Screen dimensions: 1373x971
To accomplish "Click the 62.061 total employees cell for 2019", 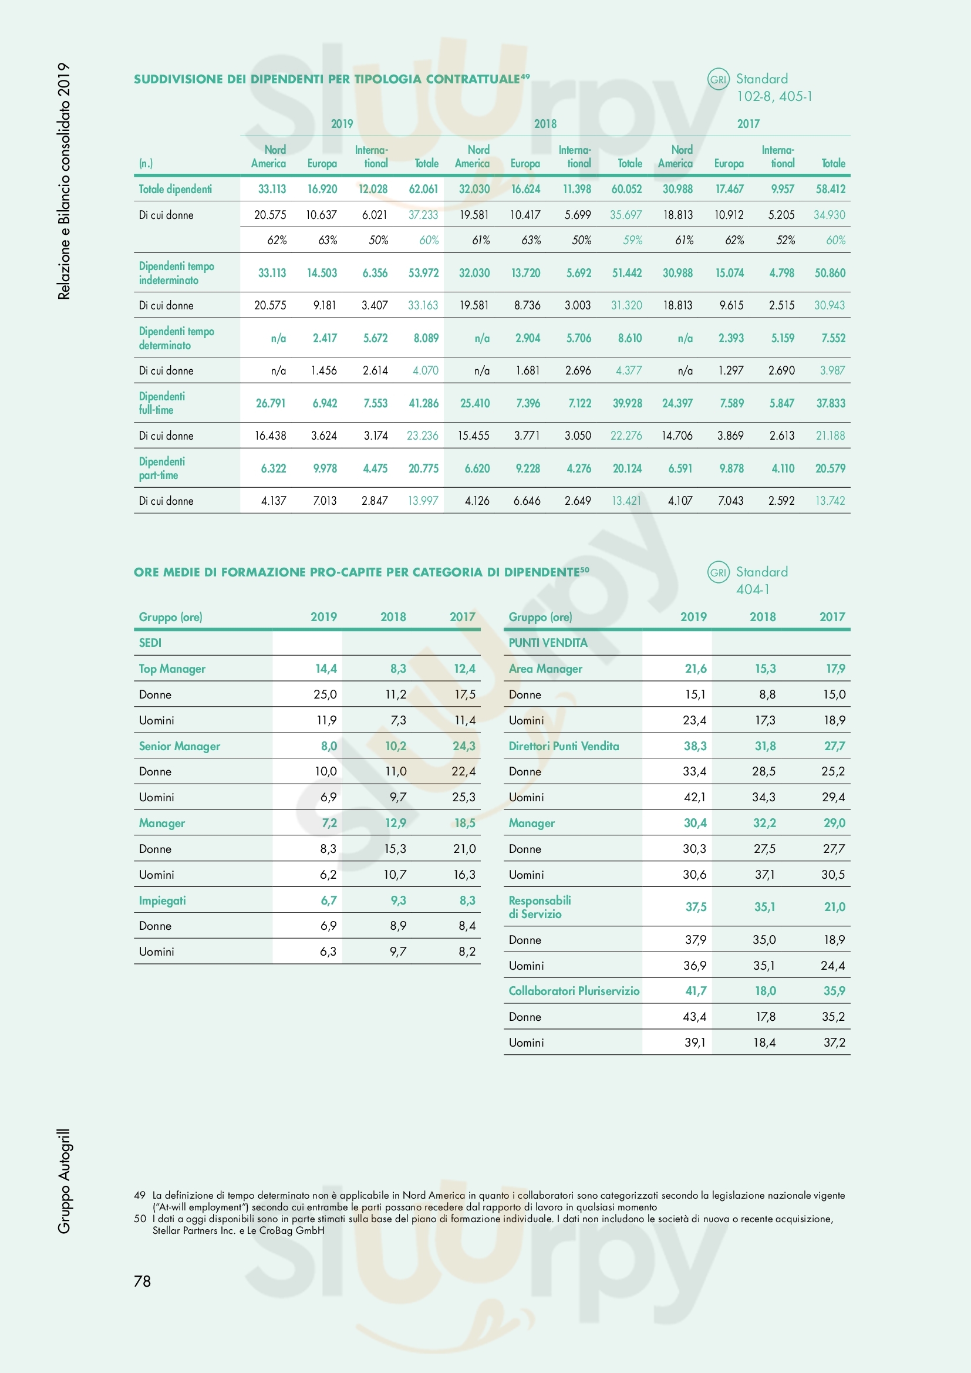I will point(423,189).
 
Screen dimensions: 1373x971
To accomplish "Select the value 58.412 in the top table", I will point(831,189).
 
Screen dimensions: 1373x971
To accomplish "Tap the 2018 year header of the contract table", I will point(545,124).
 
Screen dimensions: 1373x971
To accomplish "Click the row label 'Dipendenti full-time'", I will point(162,403).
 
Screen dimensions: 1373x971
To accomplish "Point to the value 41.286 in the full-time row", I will point(423,403).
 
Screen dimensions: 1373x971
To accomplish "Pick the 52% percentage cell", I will point(785,241).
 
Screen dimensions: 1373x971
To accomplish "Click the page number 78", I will point(142,1281).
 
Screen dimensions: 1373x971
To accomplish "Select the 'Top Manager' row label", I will point(172,669).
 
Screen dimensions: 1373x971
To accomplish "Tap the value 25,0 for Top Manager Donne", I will point(325,694).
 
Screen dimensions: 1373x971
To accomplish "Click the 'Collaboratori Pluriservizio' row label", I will point(574,991).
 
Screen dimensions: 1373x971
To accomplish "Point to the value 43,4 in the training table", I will point(694,1017).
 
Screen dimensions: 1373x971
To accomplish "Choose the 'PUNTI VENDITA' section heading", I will point(548,643).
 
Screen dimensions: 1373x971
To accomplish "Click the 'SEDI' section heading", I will point(150,643).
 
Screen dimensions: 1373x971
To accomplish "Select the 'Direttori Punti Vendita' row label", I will point(564,745).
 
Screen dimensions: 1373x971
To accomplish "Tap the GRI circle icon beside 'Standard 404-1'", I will point(718,573).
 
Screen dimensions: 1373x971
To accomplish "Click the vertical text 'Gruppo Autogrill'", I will point(64,1181).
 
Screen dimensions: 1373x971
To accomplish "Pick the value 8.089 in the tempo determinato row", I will point(426,338).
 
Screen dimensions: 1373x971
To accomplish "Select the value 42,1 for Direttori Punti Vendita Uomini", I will point(694,797).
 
